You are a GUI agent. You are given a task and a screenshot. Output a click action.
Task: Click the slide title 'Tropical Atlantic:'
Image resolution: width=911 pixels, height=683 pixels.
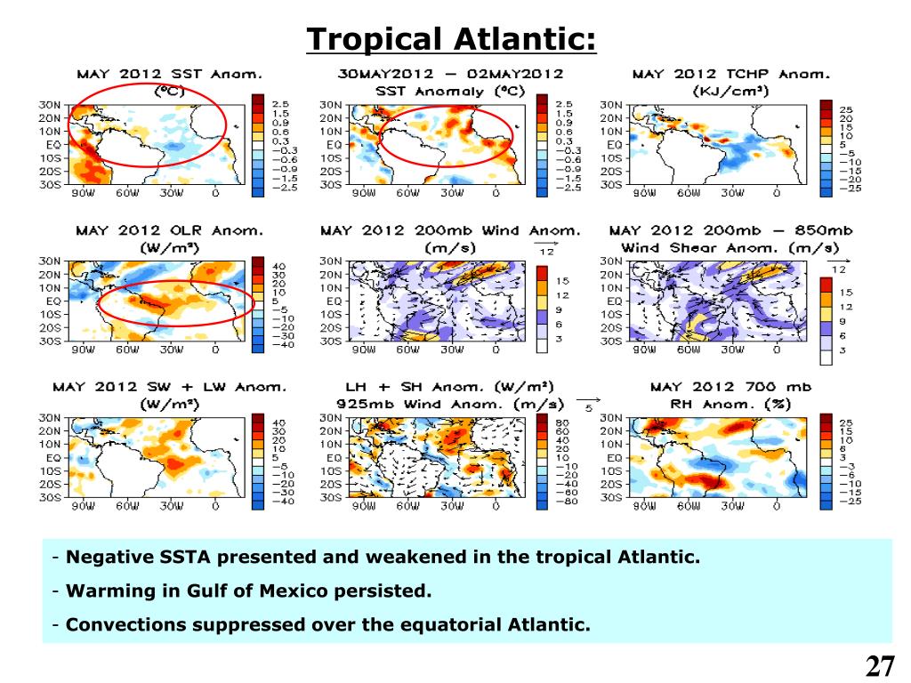[451, 39]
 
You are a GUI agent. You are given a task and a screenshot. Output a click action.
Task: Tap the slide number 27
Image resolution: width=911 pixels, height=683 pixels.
[879, 666]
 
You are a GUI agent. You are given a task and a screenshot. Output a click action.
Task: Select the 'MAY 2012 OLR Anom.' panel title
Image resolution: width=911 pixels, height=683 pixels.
[169, 230]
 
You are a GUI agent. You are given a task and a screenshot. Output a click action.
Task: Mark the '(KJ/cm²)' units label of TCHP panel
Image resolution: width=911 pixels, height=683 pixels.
[729, 91]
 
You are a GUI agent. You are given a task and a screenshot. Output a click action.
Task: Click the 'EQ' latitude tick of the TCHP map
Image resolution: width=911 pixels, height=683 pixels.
[615, 144]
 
